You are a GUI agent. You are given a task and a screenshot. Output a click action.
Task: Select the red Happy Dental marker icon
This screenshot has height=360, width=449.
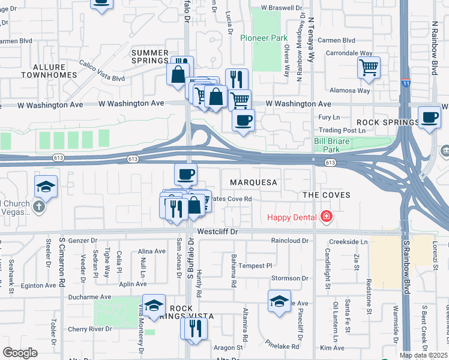tap(326, 216)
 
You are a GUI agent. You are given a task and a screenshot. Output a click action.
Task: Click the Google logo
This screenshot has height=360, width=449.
tap(20, 353)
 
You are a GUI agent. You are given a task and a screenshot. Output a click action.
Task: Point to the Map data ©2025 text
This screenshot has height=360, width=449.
tap(423, 355)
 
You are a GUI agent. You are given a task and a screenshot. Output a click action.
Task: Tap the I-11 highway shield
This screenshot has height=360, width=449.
tap(406, 84)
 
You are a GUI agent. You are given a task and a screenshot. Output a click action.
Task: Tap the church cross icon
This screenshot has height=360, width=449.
tap(38, 207)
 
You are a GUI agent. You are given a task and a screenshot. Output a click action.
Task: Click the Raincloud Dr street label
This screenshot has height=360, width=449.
tap(289, 241)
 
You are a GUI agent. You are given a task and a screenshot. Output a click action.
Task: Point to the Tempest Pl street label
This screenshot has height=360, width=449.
tap(255, 265)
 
